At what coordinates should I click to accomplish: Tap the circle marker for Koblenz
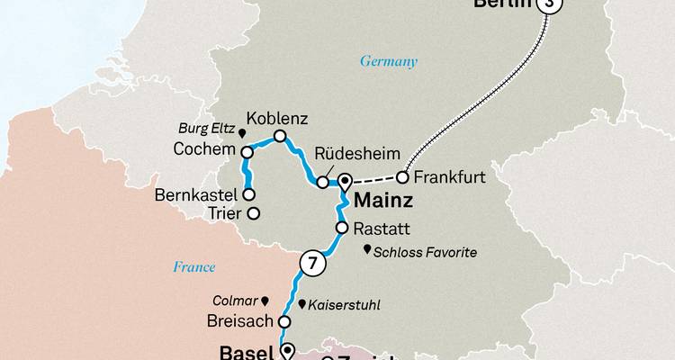(280, 137)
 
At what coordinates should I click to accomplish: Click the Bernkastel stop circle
(248, 194)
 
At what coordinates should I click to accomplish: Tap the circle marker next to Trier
(253, 213)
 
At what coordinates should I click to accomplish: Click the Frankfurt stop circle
(403, 176)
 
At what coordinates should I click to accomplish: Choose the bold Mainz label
(385, 200)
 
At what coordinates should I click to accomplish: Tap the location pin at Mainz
(344, 181)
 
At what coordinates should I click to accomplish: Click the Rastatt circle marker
(342, 229)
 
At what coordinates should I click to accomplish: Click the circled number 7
(311, 264)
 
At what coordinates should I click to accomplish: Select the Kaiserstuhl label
(344, 305)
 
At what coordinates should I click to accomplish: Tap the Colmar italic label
(235, 301)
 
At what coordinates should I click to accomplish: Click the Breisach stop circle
(283, 321)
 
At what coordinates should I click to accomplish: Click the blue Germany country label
(389, 62)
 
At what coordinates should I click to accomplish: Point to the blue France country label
(194, 266)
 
